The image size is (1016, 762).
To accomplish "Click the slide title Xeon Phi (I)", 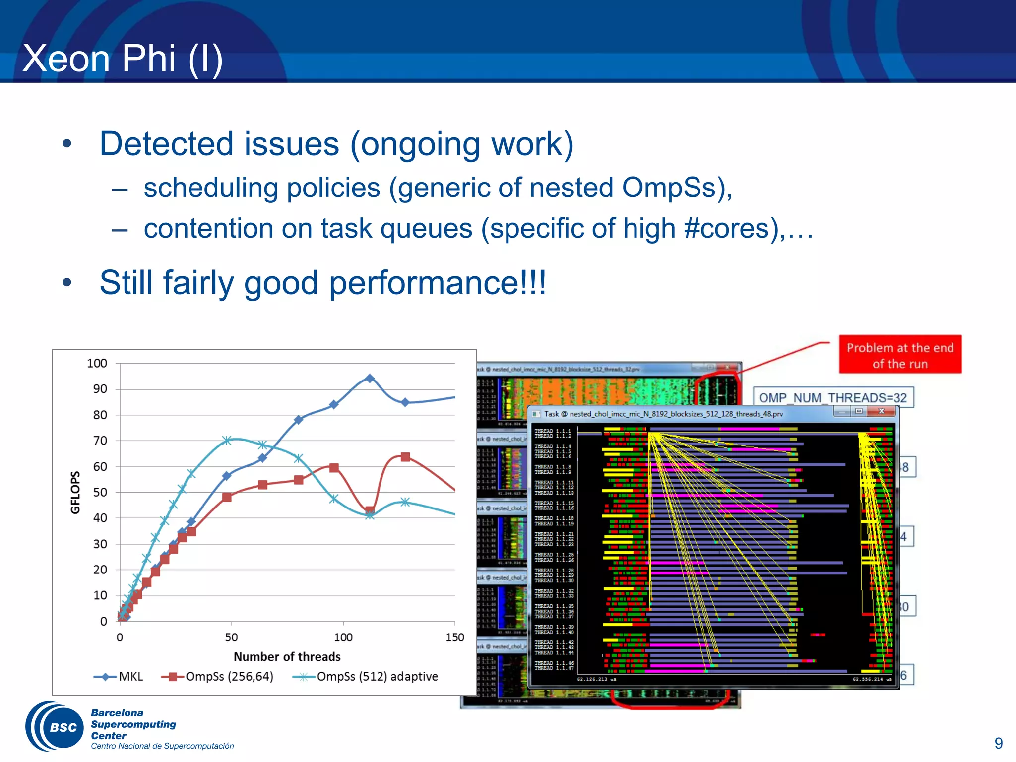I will click(123, 59).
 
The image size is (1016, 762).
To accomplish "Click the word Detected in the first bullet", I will click(166, 144).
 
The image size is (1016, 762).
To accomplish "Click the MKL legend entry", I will click(119, 677).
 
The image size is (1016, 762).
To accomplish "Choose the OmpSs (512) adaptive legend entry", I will click(366, 677).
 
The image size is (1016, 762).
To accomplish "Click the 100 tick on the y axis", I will click(97, 363).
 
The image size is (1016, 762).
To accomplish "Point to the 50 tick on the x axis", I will click(231, 637).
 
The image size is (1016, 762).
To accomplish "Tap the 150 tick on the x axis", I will click(454, 637).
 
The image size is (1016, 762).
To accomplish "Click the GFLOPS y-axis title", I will click(75, 492).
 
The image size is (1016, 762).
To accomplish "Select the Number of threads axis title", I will click(287, 657).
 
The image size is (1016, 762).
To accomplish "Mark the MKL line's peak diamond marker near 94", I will click(370, 378).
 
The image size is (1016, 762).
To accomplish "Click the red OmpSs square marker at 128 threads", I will click(405, 457).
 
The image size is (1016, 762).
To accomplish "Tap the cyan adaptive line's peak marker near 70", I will click(227, 440).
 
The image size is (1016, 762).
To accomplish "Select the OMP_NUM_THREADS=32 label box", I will click(832, 398).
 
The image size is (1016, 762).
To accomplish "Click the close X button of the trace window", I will click(882, 411).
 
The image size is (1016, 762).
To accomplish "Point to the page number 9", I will click(998, 743).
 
